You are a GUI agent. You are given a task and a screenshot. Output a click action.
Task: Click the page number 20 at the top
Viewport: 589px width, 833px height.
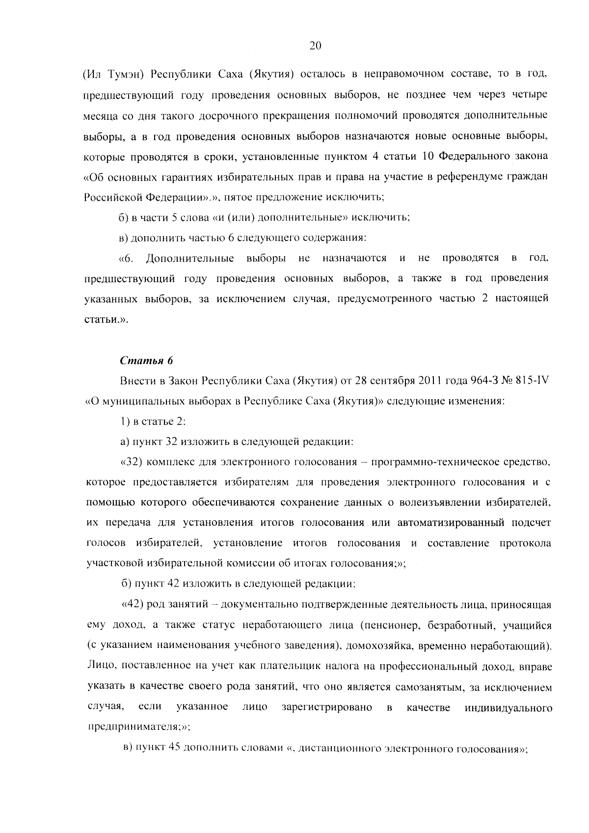(x=315, y=46)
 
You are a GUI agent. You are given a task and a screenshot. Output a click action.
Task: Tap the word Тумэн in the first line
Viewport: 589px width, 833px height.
(x=124, y=74)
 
